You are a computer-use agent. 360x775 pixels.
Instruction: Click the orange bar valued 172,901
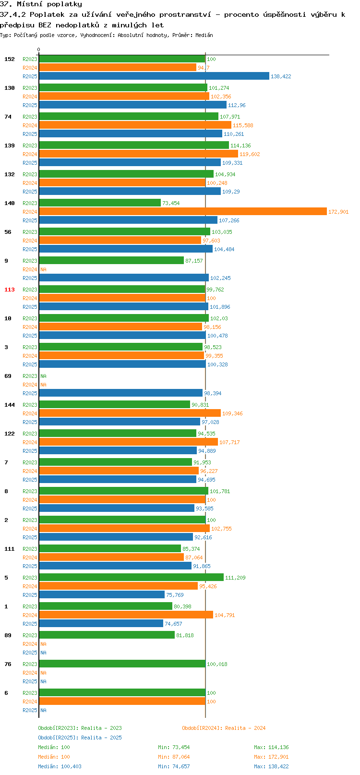pyautogui.click(x=182, y=211)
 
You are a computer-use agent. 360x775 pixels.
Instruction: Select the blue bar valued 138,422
pyautogui.click(x=154, y=76)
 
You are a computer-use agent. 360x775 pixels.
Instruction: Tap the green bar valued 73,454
pyautogui.click(x=99, y=203)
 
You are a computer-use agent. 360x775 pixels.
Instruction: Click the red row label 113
pyautogui.click(x=10, y=290)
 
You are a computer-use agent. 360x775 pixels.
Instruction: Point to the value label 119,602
pyautogui.click(x=250, y=154)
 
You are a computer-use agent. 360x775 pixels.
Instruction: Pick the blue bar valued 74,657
pyautogui.click(x=101, y=623)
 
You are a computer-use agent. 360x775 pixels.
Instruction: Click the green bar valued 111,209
pyautogui.click(x=131, y=577)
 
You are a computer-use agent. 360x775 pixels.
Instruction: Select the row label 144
pyautogui.click(x=10, y=405)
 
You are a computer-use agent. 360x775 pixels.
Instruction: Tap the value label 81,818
pyautogui.click(x=185, y=635)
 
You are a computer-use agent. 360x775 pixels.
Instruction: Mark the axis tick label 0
pyautogui.click(x=39, y=49)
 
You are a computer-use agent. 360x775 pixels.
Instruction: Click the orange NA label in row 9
pyautogui.click(x=43, y=269)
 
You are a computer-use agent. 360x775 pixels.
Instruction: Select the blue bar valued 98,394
pyautogui.click(x=120, y=393)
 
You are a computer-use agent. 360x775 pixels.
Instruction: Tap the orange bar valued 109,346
pyautogui.click(x=130, y=413)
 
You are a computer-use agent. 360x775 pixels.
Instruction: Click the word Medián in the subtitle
pyautogui.click(x=204, y=35)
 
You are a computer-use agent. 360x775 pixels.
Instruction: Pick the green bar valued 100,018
pyautogui.click(x=122, y=664)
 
